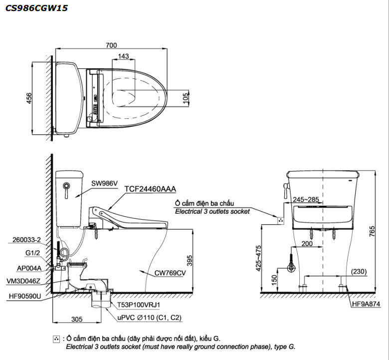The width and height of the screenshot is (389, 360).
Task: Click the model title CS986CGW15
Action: (x=34, y=8)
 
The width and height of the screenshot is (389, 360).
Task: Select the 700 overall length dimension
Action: (x=112, y=45)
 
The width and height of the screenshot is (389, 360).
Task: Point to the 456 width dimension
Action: (x=29, y=99)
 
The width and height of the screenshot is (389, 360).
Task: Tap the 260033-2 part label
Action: (x=25, y=240)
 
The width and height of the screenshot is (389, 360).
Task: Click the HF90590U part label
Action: (x=25, y=296)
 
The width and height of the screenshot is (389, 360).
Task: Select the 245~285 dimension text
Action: (x=305, y=200)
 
